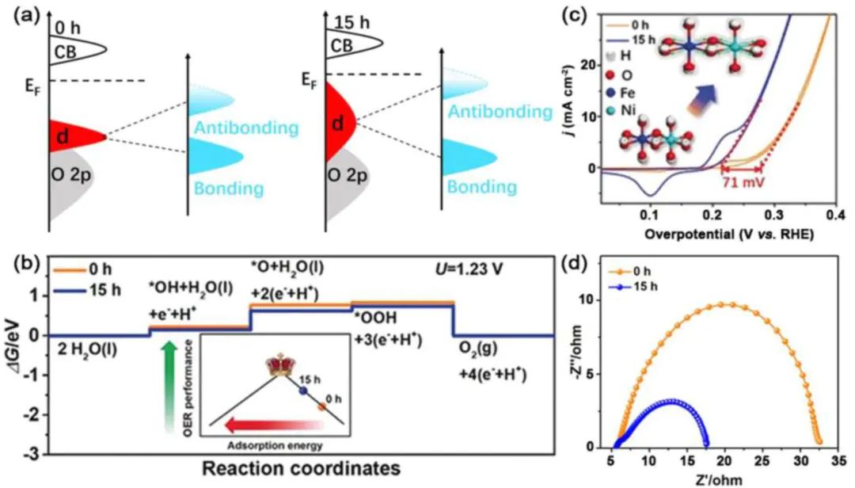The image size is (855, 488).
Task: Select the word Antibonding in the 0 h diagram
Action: coord(237,128)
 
